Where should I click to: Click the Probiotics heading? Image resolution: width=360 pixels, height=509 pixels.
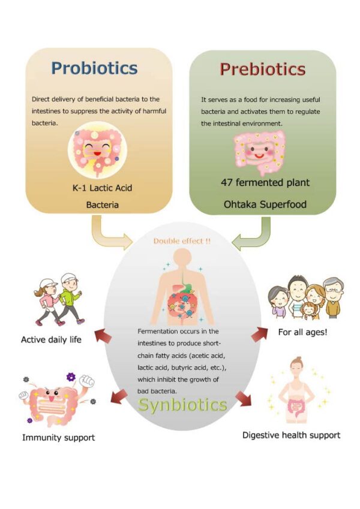[94, 68]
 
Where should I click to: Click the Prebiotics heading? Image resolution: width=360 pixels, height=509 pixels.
[262, 70]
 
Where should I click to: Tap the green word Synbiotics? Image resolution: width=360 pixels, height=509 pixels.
[183, 405]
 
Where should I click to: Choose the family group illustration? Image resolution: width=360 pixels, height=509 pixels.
[305, 297]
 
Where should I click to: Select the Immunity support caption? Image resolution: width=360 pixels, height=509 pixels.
[58, 438]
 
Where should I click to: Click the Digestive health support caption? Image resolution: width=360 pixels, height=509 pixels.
[291, 435]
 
